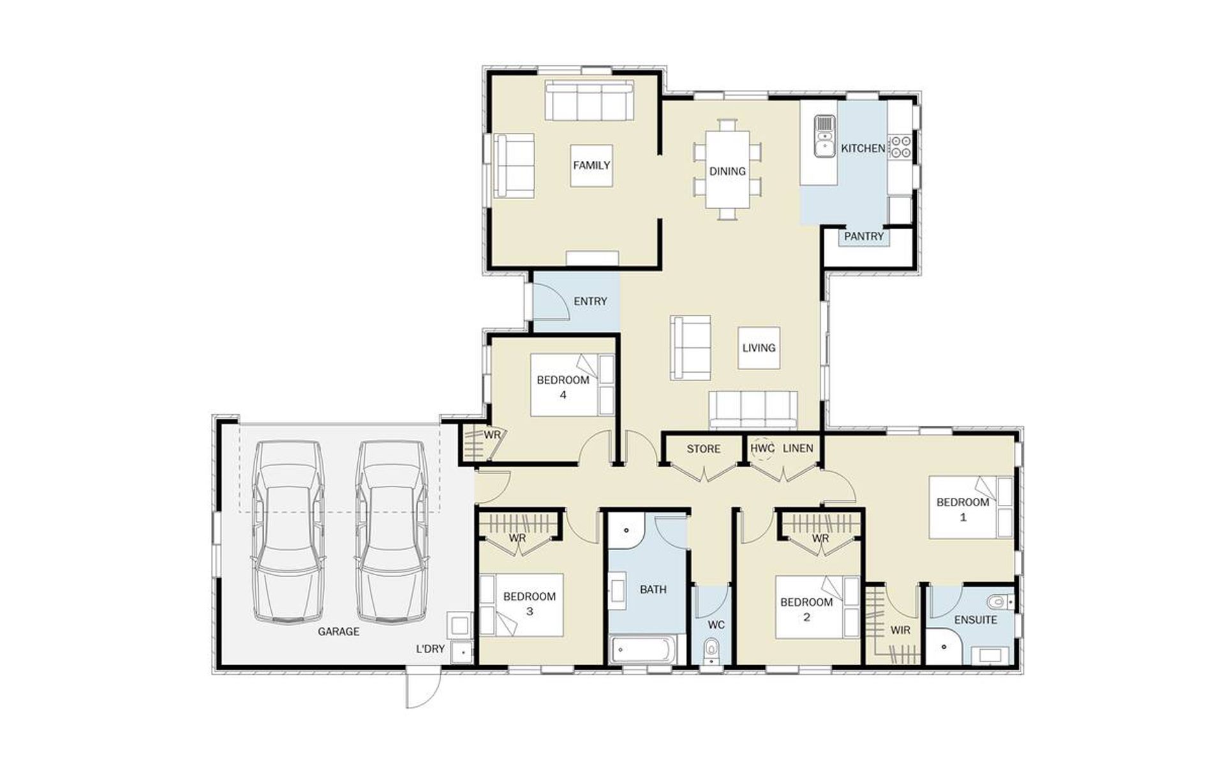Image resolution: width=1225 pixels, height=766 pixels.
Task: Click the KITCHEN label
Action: pos(863,148)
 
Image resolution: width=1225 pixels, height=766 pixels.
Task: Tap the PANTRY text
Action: pos(864,236)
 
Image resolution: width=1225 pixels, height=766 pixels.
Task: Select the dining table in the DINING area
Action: pos(727,170)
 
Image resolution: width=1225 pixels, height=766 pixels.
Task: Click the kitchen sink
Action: pos(824,136)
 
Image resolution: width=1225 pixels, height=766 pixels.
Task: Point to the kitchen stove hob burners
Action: pos(901,146)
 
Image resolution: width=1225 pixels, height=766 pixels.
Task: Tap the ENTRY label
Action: pos(590,301)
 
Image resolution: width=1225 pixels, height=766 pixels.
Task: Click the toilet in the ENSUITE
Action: pos(999,601)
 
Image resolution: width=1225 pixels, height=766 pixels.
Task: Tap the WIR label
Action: pos(900,630)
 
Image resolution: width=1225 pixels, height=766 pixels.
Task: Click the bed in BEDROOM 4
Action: pos(572,385)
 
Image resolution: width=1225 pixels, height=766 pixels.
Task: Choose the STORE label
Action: pos(704,449)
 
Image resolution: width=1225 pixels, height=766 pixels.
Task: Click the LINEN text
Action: pos(798,448)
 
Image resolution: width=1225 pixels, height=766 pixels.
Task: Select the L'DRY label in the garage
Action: pos(430,649)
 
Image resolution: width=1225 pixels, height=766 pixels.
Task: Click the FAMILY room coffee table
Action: pos(591,165)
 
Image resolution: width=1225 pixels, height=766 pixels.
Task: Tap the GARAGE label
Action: pos(339,631)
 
